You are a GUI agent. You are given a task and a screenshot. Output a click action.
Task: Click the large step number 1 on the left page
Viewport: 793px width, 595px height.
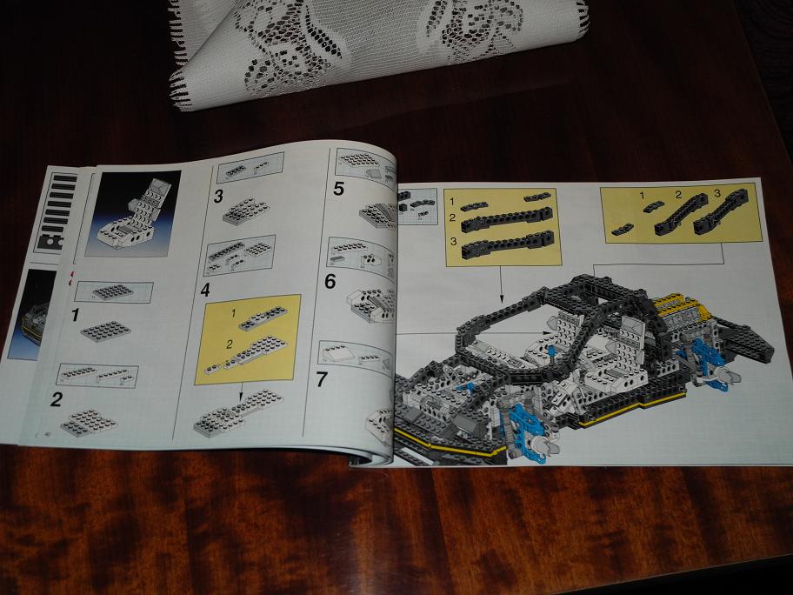click(x=76, y=315)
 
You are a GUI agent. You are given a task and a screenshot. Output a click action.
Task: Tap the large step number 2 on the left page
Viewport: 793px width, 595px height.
click(x=57, y=399)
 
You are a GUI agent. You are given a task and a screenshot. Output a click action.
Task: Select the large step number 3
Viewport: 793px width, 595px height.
click(x=218, y=197)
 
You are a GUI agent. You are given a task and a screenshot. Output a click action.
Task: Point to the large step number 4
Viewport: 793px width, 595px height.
click(x=205, y=290)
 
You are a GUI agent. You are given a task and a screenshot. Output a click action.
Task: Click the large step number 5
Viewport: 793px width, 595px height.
click(x=338, y=189)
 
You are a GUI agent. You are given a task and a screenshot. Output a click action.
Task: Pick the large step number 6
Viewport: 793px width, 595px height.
click(x=330, y=281)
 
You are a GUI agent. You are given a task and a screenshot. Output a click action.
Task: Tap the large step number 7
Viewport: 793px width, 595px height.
click(x=322, y=379)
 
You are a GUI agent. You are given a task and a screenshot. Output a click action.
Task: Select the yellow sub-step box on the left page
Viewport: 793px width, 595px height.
click(x=248, y=339)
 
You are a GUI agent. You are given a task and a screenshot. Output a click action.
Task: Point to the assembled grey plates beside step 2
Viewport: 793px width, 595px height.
click(x=89, y=422)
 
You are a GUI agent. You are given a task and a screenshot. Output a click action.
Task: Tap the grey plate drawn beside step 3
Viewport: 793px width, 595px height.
click(x=246, y=211)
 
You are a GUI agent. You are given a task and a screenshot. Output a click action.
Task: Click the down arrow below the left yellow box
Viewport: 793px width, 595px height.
click(x=241, y=391)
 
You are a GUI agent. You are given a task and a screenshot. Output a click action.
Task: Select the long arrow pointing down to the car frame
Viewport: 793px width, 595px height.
click(x=501, y=284)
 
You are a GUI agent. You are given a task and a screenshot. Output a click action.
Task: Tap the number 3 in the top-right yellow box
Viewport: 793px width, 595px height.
click(x=717, y=193)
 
